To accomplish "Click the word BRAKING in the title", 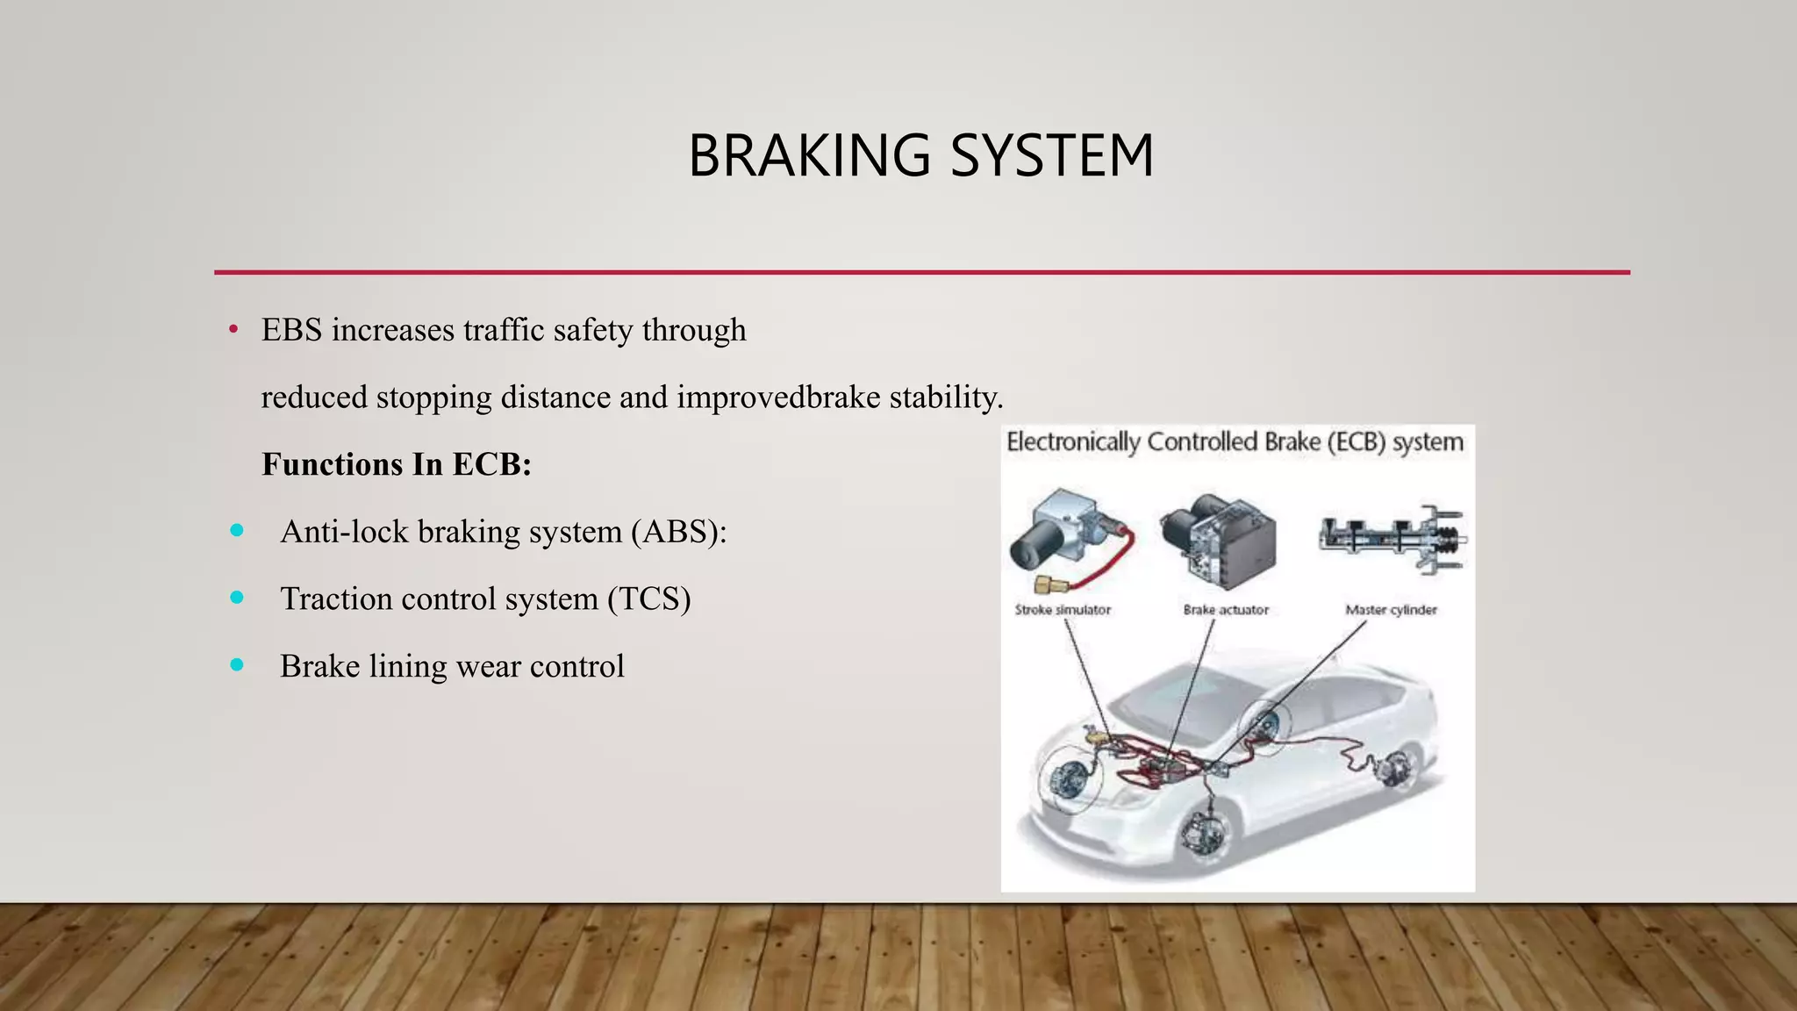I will pyautogui.click(x=808, y=156).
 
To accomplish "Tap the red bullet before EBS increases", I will pyautogui.click(x=233, y=331).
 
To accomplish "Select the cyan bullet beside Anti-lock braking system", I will pyautogui.click(x=237, y=531).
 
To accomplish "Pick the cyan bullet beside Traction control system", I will pyautogui.click(x=237, y=598).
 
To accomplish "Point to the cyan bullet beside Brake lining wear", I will pyautogui.click(x=237, y=665).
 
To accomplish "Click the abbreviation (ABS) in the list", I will pyautogui.click(x=678, y=532).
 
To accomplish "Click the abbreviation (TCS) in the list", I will pyautogui.click(x=648, y=599).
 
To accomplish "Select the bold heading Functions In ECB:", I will pyautogui.click(x=397, y=464).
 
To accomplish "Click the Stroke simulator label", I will pyautogui.click(x=1063, y=610).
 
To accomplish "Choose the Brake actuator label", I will pyautogui.click(x=1226, y=610).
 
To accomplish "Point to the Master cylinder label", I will pyautogui.click(x=1391, y=610).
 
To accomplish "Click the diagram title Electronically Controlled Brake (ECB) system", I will pyautogui.click(x=1235, y=442).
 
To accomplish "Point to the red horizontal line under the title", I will pyautogui.click(x=921, y=272).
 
